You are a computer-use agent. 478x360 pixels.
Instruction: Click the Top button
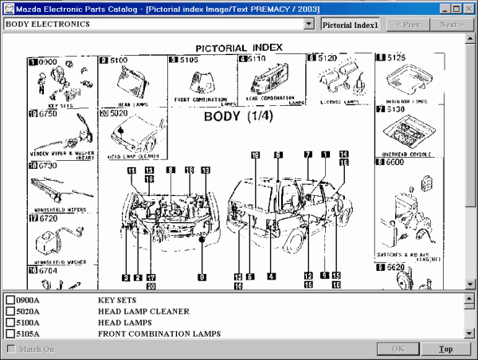click(x=445, y=349)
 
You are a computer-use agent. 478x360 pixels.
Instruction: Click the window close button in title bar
click(x=469, y=9)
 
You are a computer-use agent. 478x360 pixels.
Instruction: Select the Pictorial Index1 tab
click(x=351, y=24)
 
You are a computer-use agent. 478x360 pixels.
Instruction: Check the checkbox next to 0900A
click(x=11, y=300)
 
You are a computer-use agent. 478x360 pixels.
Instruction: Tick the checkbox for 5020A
click(x=11, y=311)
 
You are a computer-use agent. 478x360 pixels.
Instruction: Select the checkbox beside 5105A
click(x=11, y=334)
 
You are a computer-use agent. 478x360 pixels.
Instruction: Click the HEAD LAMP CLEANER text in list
click(x=143, y=311)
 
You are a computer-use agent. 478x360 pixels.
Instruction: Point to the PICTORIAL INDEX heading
click(x=239, y=48)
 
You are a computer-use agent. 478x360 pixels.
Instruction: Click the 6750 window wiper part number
click(x=49, y=114)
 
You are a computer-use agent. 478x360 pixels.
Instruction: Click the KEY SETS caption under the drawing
click(x=61, y=104)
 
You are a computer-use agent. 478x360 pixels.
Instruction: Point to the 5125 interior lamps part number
click(x=399, y=57)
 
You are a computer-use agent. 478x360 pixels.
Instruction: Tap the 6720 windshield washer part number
click(x=48, y=217)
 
